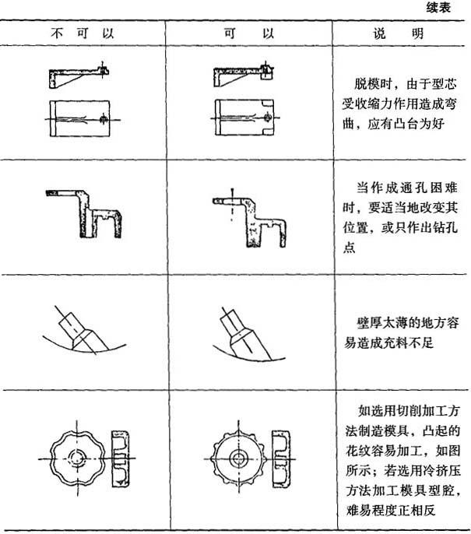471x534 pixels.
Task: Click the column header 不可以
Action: point(82,33)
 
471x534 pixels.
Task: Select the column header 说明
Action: point(398,33)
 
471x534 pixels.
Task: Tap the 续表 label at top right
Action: point(438,8)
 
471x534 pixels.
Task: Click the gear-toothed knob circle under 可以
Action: point(238,458)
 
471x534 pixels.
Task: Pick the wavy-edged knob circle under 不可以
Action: point(77,458)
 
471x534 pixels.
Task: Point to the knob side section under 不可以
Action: point(121,458)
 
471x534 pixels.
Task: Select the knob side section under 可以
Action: point(281,458)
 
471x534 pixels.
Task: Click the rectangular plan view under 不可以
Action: point(79,118)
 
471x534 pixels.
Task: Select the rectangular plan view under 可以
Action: point(244,118)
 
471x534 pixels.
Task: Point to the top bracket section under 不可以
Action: point(79,76)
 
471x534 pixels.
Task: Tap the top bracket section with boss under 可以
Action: point(244,75)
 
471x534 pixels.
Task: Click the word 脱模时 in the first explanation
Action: point(373,84)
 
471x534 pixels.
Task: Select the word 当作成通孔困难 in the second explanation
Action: point(407,188)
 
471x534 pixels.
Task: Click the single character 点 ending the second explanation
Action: point(349,248)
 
